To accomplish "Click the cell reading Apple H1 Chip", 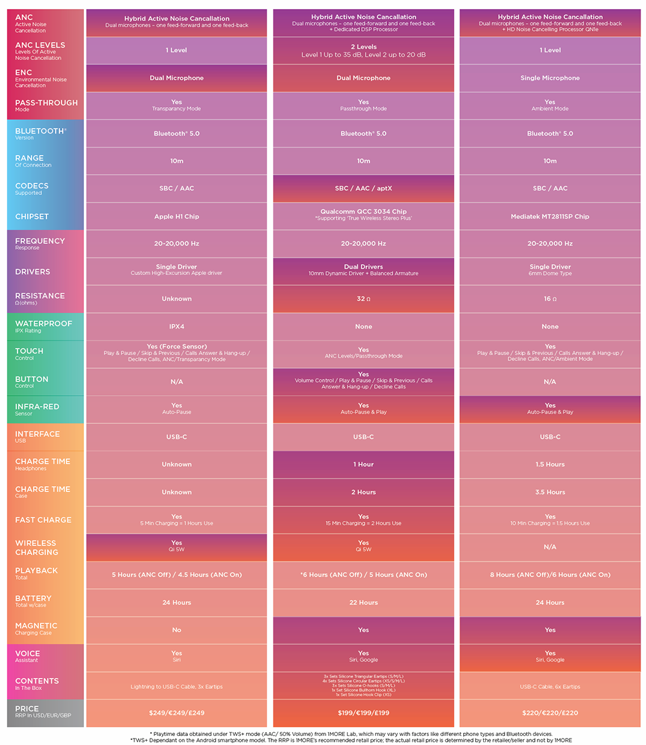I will click(x=176, y=216).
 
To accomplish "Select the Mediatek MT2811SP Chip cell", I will click(x=550, y=216).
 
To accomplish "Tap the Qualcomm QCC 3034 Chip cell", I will click(x=363, y=214).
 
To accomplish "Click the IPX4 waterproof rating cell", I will click(x=176, y=327).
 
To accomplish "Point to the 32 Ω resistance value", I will click(x=363, y=299).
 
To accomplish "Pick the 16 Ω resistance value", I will click(x=550, y=299).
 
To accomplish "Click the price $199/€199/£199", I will click(x=363, y=713).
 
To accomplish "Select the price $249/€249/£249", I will click(x=176, y=713).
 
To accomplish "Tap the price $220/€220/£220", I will click(x=550, y=713).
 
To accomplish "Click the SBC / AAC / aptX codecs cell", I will click(x=363, y=189).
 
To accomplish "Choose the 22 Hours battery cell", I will click(x=363, y=602).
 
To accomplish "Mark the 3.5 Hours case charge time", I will click(x=550, y=492).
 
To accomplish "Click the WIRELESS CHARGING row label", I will click(x=37, y=547).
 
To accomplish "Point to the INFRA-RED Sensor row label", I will click(x=37, y=409).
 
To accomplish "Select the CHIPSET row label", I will click(x=32, y=216).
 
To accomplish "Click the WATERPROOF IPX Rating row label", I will click(x=44, y=327).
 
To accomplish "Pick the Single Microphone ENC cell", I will click(x=550, y=78).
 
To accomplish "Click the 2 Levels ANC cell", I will click(x=363, y=50).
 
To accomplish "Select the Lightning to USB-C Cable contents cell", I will click(x=176, y=686).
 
